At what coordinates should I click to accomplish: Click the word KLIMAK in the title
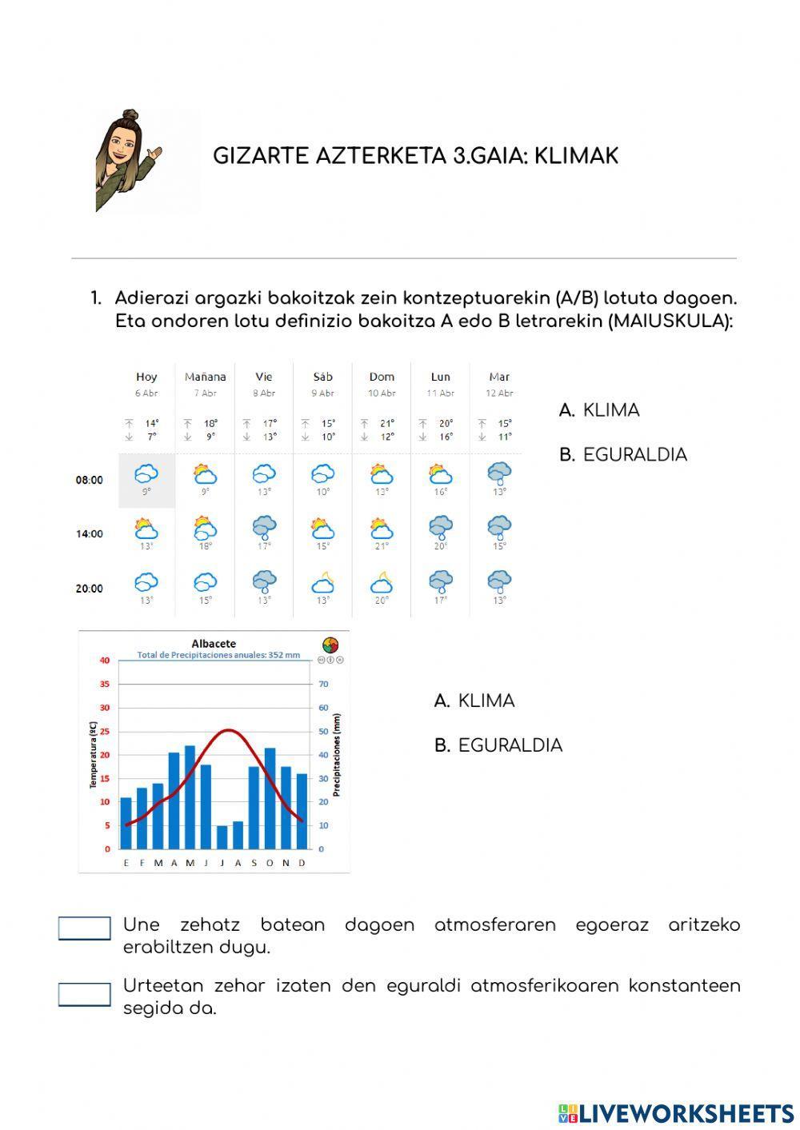(576, 156)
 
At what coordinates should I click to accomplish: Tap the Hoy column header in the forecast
(146, 377)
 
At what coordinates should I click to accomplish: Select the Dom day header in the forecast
(382, 377)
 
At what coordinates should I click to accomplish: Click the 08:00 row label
(90, 481)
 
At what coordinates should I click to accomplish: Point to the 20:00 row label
(90, 589)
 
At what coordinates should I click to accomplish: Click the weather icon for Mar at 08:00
(499, 473)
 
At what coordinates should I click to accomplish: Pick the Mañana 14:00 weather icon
(206, 528)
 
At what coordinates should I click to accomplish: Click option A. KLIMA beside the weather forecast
(599, 410)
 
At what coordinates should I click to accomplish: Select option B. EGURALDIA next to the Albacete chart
(498, 745)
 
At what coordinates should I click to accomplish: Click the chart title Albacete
(214, 644)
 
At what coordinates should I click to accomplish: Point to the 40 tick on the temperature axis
(105, 661)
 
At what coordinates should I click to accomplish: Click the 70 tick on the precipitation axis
(324, 685)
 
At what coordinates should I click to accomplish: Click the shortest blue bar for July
(222, 837)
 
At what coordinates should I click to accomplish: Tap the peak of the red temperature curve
(229, 729)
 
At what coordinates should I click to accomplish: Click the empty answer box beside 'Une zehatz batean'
(85, 928)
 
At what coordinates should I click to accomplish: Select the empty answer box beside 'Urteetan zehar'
(85, 995)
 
